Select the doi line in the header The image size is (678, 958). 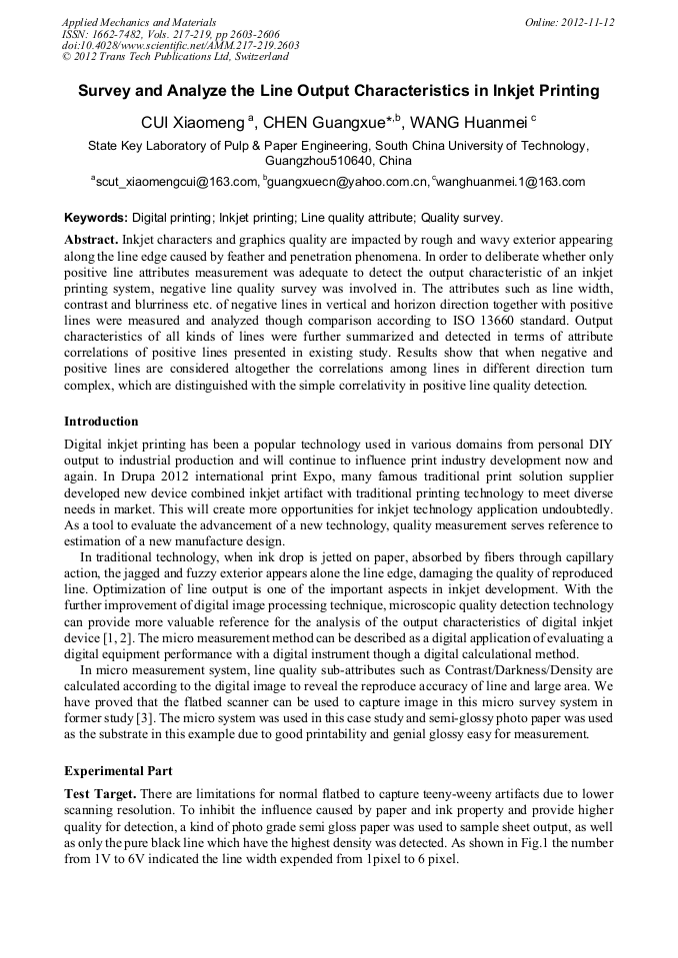[180, 46]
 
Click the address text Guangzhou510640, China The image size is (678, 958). [338, 160]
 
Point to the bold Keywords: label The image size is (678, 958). [96, 217]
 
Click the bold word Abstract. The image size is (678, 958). [91, 241]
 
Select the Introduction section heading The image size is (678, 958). [101, 422]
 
